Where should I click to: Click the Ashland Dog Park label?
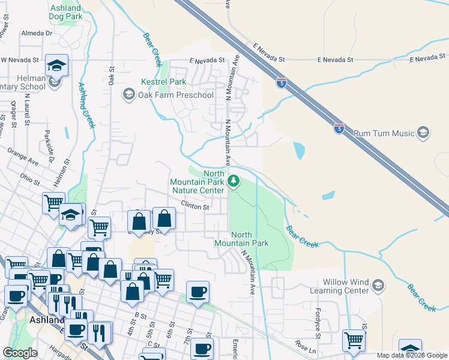coord(66,13)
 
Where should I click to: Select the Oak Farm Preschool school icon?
coord(128,94)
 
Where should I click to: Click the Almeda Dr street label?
coord(37,34)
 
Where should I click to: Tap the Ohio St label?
coord(29,179)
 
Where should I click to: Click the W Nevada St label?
coord(19,60)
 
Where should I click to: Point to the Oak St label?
coord(112,77)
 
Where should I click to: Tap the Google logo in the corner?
coord(20,353)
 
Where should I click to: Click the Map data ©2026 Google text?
coord(412,356)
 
